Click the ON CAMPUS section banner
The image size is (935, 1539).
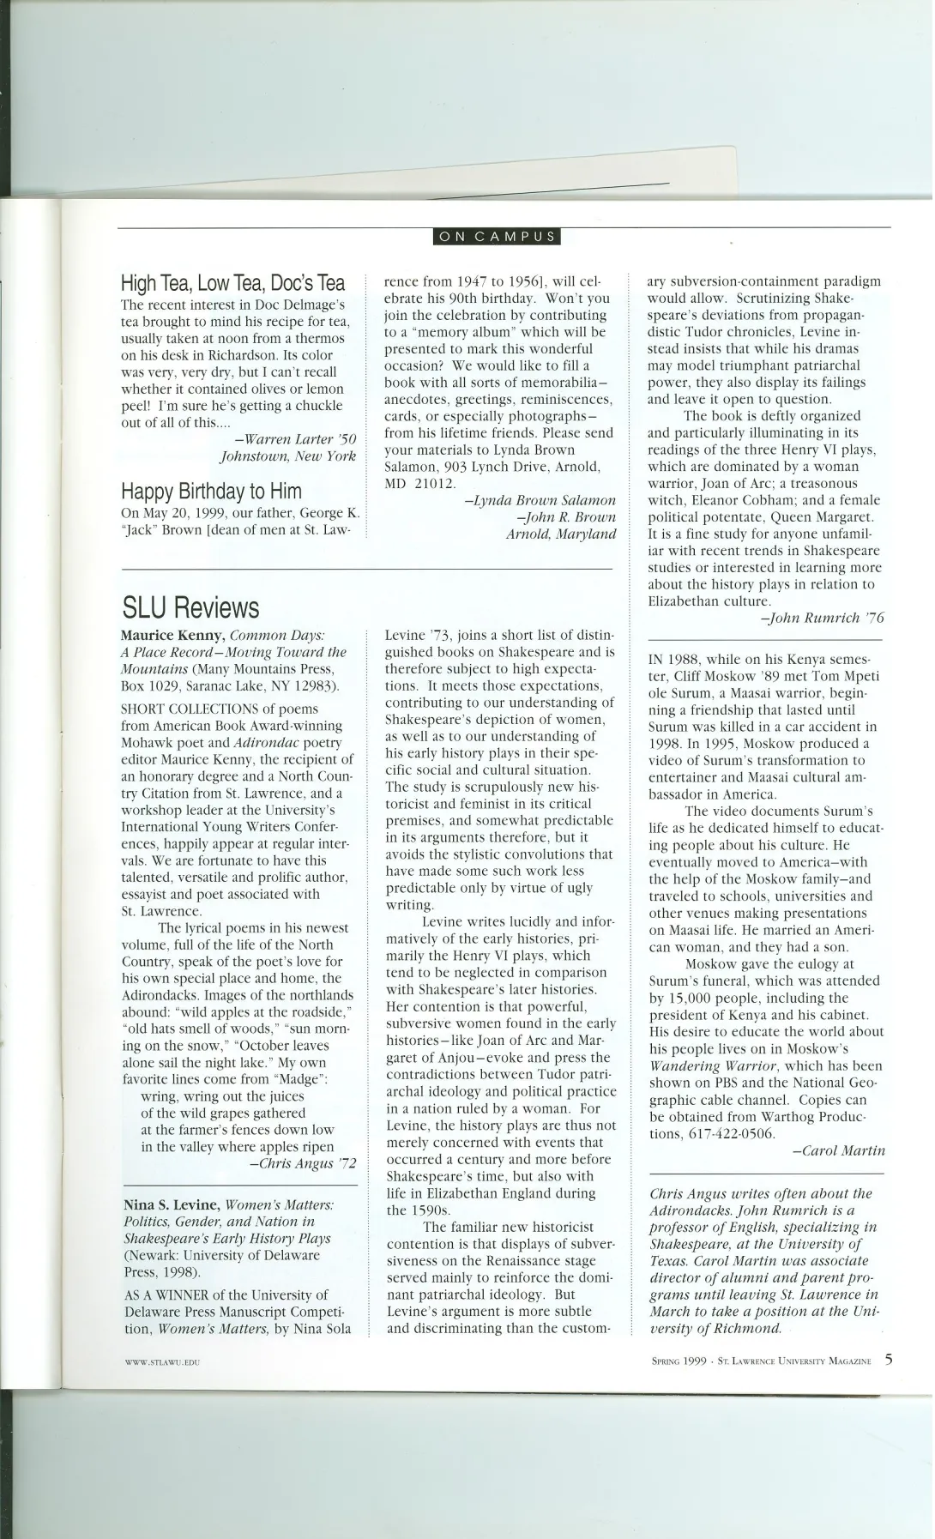(497, 238)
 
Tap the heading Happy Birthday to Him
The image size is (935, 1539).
(211, 492)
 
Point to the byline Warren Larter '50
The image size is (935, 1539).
(295, 439)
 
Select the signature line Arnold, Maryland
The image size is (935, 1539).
(561, 534)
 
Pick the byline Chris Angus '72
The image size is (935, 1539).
(303, 1163)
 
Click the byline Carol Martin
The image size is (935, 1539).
(837, 1150)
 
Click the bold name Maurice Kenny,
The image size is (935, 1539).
(173, 636)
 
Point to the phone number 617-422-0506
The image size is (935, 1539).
(733, 1133)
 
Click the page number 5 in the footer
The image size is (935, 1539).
(889, 1359)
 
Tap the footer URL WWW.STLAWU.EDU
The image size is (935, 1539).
(162, 1362)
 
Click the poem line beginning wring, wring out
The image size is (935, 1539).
(222, 1096)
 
